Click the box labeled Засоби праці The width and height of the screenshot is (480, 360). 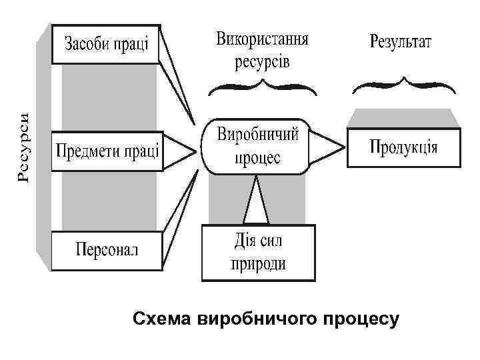[x=106, y=44]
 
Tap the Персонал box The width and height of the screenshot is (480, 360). [x=106, y=251]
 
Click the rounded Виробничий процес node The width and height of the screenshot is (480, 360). [x=257, y=147]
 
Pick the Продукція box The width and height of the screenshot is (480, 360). [x=404, y=147]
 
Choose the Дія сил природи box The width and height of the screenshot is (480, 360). [x=258, y=252]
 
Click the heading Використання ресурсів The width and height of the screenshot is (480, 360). [x=262, y=50]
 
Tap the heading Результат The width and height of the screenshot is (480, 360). [x=401, y=42]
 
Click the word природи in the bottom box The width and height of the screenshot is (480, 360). [x=258, y=263]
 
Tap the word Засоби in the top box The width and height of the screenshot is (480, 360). [x=85, y=45]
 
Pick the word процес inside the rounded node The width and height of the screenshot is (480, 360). [x=257, y=158]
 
